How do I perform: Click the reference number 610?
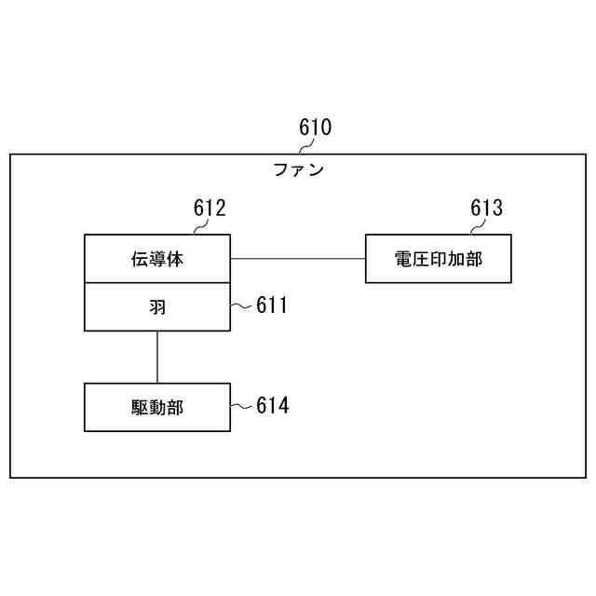(x=315, y=127)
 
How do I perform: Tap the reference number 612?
(x=210, y=208)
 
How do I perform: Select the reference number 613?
(x=486, y=208)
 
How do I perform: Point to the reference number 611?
(x=272, y=305)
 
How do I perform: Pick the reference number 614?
(x=272, y=406)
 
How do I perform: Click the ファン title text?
(x=298, y=169)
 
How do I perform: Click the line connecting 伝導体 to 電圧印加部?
(x=298, y=258)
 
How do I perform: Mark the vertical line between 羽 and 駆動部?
(x=157, y=357)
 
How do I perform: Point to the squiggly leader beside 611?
(x=241, y=305)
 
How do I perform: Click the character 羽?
(x=157, y=307)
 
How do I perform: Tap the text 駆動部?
(x=157, y=407)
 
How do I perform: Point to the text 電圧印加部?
(x=439, y=259)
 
